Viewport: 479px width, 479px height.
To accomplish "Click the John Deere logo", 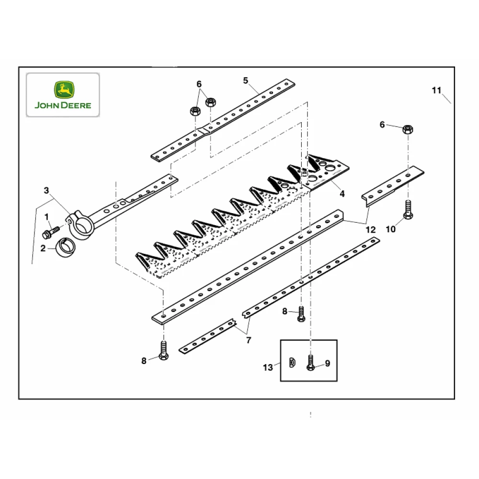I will click(x=62, y=95).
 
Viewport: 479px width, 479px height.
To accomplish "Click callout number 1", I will click(x=47, y=217).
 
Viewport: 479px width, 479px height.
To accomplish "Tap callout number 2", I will click(x=43, y=248).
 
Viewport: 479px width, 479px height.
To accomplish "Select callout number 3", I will click(x=46, y=190).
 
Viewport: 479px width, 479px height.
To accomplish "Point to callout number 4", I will click(x=342, y=194).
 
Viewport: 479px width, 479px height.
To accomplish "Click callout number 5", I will click(x=246, y=80).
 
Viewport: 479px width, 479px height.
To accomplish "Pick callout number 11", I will click(x=436, y=90).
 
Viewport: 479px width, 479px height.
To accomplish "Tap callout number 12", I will click(x=370, y=229).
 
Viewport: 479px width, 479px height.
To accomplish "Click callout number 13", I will click(x=268, y=367).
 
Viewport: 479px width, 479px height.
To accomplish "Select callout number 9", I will click(x=328, y=364).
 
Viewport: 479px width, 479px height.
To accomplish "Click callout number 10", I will click(x=391, y=229).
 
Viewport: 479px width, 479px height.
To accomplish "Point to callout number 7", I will click(x=249, y=341).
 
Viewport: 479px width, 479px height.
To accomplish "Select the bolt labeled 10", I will click(x=408, y=211).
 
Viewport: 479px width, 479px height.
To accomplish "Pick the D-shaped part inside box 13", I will click(x=292, y=362).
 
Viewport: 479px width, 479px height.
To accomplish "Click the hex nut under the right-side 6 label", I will click(x=408, y=129).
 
